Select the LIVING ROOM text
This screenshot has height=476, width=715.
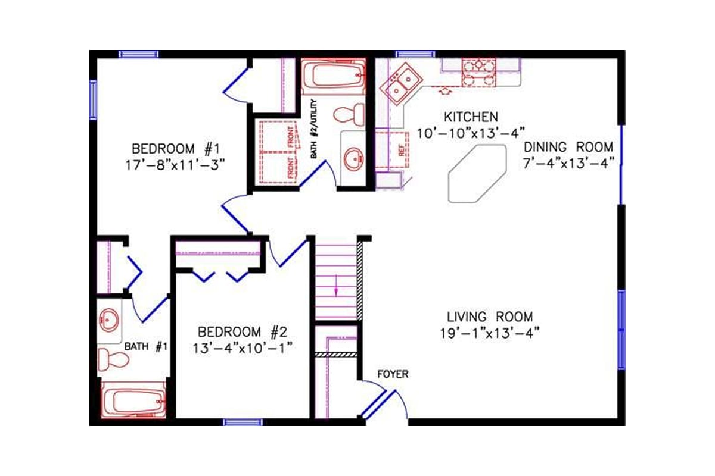click(490, 317)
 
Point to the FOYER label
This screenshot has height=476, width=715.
click(393, 374)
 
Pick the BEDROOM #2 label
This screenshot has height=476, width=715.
click(244, 331)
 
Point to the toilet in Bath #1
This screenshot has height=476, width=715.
click(113, 359)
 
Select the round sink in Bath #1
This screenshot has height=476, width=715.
click(109, 321)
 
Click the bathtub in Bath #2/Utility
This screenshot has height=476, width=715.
click(333, 77)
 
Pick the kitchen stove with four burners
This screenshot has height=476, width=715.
click(479, 73)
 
